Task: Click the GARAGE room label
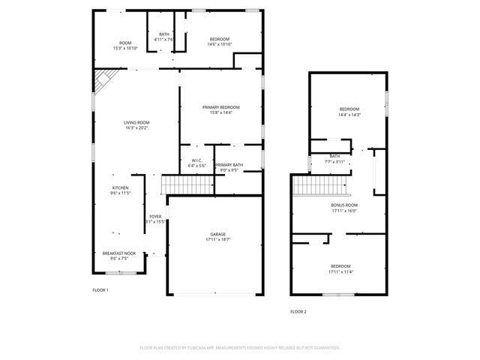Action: coord(217,234)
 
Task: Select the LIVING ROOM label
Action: coord(136,122)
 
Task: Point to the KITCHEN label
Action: coord(120,187)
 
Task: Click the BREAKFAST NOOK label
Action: coord(120,253)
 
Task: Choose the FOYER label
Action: coord(154,216)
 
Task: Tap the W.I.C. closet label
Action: coord(196,160)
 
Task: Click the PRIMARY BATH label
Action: coord(228,164)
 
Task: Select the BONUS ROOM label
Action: coord(344,205)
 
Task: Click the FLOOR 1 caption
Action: coord(100,289)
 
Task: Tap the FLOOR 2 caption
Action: coord(298,311)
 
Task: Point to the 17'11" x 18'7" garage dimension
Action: coord(217,239)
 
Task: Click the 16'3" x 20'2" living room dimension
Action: coord(136,127)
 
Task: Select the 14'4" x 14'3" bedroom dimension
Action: coord(349,115)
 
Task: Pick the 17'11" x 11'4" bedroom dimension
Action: coord(340,271)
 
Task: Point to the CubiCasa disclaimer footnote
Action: coord(240,347)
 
